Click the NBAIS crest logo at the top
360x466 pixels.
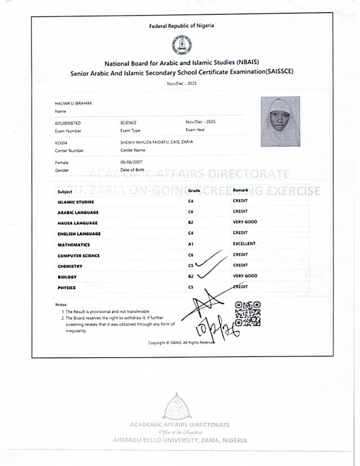[181, 45]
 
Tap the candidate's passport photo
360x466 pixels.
[280, 122]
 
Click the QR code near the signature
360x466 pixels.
[248, 314]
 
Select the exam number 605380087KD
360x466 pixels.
[68, 123]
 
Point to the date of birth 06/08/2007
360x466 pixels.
[129, 162]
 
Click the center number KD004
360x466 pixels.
[61, 143]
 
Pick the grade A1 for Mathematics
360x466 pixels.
[191, 245]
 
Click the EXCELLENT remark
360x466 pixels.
[244, 244]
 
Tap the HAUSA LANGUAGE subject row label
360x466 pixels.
[77, 223]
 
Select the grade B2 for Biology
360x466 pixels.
[191, 277]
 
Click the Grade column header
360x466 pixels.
[194, 191]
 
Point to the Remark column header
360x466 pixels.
[240, 191]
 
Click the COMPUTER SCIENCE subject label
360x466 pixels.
[78, 255]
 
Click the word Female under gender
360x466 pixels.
[62, 162]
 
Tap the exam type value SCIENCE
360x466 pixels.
[129, 123]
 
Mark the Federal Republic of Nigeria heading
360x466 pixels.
[181, 25]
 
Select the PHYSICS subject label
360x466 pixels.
[66, 288]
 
